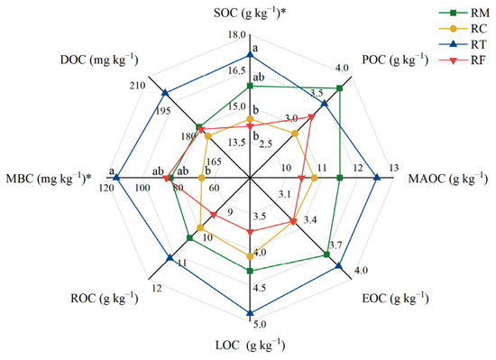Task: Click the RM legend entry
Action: click(464, 14)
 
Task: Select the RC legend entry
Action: click(464, 29)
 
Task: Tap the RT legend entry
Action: click(464, 44)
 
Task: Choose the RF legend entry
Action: click(463, 60)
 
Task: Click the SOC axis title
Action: click(250, 14)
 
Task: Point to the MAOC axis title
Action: click(448, 179)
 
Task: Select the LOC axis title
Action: click(250, 346)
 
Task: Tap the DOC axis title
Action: click(99, 60)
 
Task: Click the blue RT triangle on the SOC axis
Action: click(250, 55)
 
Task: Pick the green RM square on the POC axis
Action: click(339, 88)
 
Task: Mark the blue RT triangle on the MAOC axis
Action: click(377, 178)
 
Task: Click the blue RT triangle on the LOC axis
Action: click(250, 313)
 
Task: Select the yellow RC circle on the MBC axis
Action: click(201, 178)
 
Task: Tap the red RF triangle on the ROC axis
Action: click(214, 215)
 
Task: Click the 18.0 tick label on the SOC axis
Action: click(237, 35)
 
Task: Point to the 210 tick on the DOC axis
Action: click(138, 86)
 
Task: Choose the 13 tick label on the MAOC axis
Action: click(394, 168)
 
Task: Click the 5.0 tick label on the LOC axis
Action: click(260, 325)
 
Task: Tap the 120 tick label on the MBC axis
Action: click(106, 188)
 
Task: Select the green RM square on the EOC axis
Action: click(326, 254)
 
